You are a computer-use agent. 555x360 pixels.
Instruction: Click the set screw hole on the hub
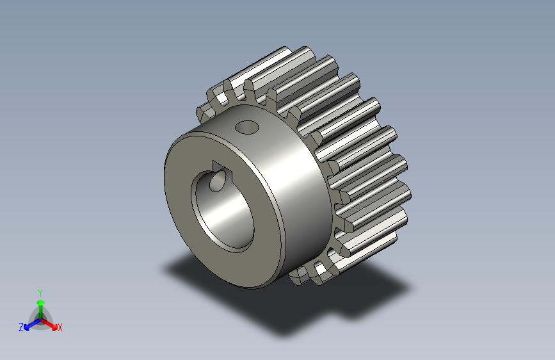tap(246, 127)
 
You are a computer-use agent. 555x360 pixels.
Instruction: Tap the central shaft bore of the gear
tap(223, 211)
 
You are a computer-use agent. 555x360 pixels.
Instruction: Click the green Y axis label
tap(40, 293)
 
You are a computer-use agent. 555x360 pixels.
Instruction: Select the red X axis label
tap(60, 328)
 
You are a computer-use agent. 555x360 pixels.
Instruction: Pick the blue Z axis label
tap(21, 327)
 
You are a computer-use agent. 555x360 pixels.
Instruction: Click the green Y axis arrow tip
tap(41, 302)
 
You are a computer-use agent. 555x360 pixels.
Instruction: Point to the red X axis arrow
tap(49, 323)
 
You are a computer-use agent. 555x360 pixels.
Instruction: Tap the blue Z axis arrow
tap(33, 323)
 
